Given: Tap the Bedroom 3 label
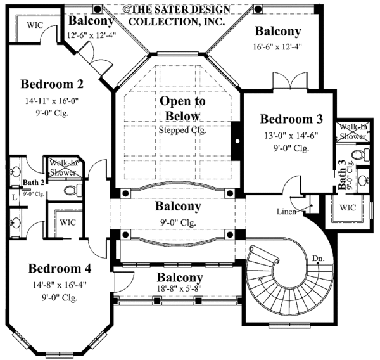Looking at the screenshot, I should coord(292,119).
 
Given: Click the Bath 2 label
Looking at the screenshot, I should coord(32,183).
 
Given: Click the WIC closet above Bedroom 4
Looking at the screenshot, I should coord(68,222).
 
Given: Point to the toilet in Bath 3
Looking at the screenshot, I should coord(362,155).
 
